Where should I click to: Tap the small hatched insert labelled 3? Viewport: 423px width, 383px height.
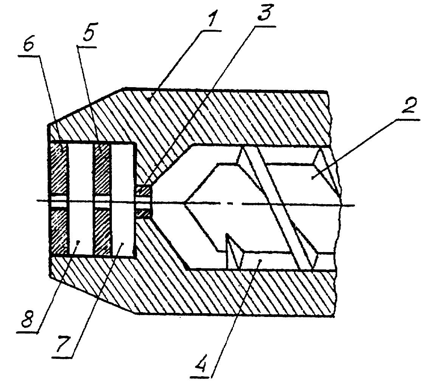pos(144,201)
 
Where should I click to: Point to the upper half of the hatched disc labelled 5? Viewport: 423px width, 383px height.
pos(101,169)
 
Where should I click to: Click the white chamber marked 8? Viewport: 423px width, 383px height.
pos(81,199)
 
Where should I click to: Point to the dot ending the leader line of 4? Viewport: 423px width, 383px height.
pos(260,260)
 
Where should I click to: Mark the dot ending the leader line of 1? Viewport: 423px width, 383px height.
pos(150,100)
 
